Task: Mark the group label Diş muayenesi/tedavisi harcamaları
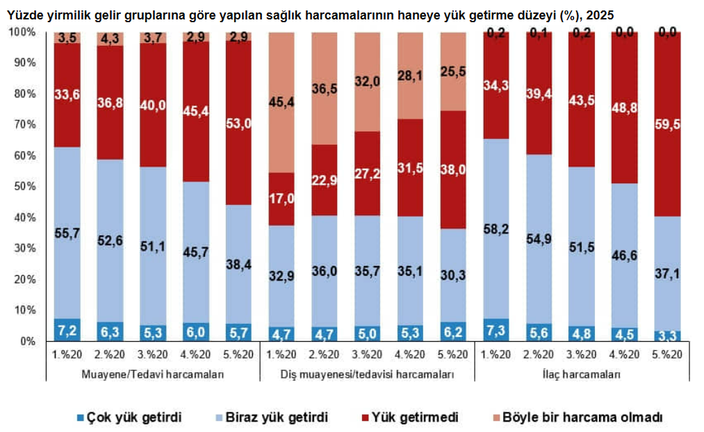pos(367,375)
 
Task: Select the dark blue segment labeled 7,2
pos(67,330)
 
